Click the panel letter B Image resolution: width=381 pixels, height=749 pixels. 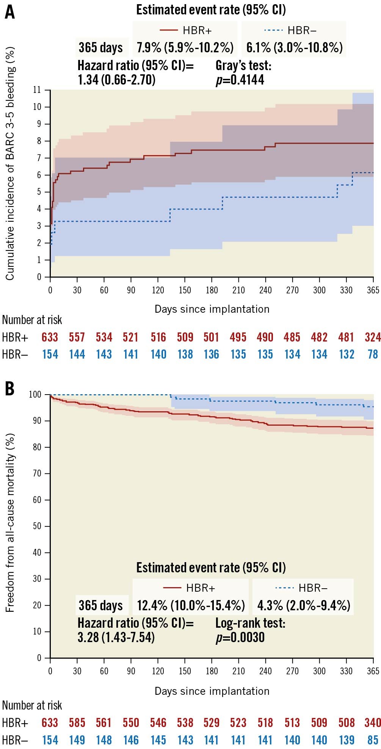click(x=9, y=389)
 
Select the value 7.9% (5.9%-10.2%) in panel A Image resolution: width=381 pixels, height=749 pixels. click(x=185, y=48)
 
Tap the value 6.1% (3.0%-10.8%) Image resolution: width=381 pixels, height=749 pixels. click(x=294, y=48)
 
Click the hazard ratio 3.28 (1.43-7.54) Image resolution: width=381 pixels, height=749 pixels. click(x=116, y=637)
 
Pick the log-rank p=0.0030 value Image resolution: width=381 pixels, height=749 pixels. click(x=240, y=637)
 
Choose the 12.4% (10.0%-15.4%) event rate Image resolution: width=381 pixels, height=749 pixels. click(x=191, y=605)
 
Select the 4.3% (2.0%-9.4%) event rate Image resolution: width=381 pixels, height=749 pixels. click(x=303, y=605)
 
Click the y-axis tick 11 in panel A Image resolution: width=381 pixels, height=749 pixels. click(x=37, y=90)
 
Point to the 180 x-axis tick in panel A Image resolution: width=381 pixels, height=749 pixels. click(x=212, y=290)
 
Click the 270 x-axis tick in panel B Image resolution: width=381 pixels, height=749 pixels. click(x=292, y=671)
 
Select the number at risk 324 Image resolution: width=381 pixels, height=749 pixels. click(x=373, y=337)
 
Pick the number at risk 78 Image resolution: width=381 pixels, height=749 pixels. click(x=373, y=354)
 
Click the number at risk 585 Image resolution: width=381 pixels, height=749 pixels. click(x=77, y=722)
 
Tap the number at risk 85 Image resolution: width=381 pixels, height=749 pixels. click(x=373, y=740)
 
